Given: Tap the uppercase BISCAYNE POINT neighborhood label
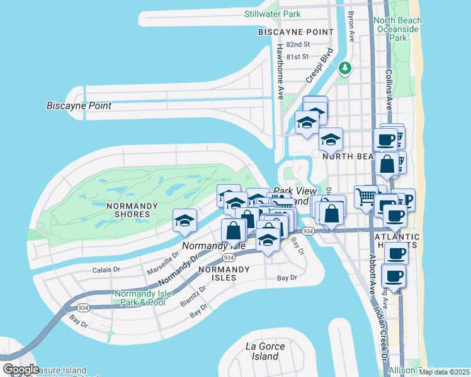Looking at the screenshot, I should [x=295, y=32].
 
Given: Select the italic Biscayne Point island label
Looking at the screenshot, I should [x=79, y=106].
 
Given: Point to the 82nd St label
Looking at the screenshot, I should [x=298, y=45].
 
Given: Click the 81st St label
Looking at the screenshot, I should [x=297, y=57].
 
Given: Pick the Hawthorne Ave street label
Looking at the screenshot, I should [x=280, y=72].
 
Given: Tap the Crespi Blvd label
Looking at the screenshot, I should [x=319, y=65].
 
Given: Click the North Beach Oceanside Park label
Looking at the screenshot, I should [x=397, y=29].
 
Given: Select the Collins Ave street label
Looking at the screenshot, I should [x=390, y=90].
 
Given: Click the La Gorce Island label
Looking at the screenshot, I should [x=265, y=351].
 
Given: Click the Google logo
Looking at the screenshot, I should [x=21, y=369].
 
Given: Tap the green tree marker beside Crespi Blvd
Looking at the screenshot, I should [x=344, y=67].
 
